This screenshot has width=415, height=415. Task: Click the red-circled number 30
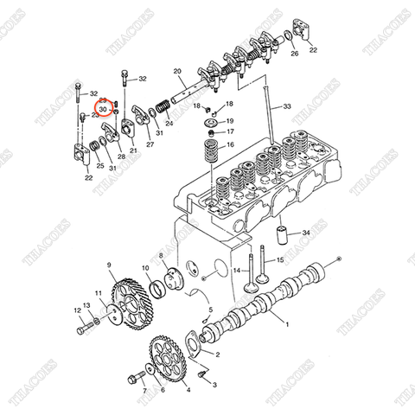(103, 110)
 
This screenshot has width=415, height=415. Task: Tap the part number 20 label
(177, 71)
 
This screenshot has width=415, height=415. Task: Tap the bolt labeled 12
(83, 329)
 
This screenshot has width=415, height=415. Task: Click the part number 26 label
(294, 54)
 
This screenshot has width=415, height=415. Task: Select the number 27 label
(150, 145)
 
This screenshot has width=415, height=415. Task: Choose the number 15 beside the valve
(280, 260)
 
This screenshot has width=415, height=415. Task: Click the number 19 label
(229, 104)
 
